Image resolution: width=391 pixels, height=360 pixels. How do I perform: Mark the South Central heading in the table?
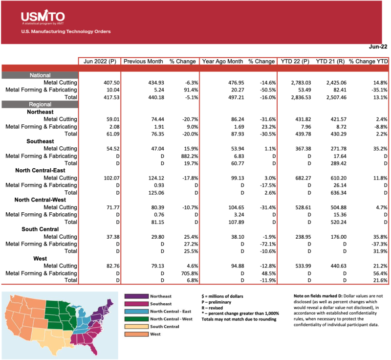coord(40,228)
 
